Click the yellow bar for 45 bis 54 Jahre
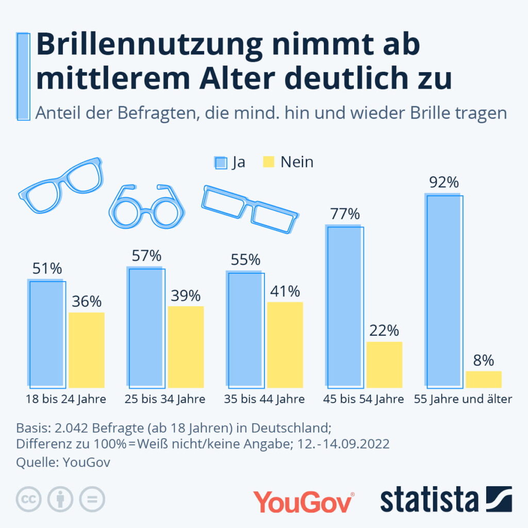pyautogui.click(x=384, y=364)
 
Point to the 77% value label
pyautogui.click(x=345, y=214)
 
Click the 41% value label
pyautogui.click(x=285, y=291)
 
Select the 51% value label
pyautogui.click(x=47, y=269)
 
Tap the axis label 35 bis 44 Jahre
pyautogui.click(x=265, y=400)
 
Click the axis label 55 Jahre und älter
pyautogui.click(x=463, y=400)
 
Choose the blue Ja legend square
pyautogui.click(x=221, y=163)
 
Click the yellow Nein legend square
pyautogui.click(x=269, y=163)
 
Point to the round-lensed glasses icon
pyautogui.click(x=146, y=207)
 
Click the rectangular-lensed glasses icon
pyautogui.click(x=249, y=208)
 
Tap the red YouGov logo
pyautogui.click(x=303, y=501)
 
